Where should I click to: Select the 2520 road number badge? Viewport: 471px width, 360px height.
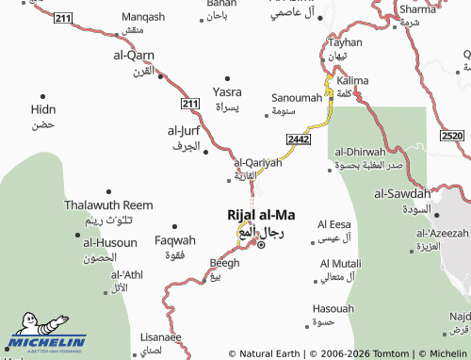tap(451, 137)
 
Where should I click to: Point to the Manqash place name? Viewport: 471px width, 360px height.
tap(143, 16)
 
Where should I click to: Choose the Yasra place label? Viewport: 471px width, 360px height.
tap(227, 92)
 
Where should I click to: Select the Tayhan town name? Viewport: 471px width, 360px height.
tap(345, 43)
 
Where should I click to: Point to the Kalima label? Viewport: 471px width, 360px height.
tap(352, 81)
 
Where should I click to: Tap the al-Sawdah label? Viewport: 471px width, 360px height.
tap(401, 194)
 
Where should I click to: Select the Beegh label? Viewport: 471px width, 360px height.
tap(218, 263)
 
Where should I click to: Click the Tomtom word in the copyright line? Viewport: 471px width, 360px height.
tap(388, 353)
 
